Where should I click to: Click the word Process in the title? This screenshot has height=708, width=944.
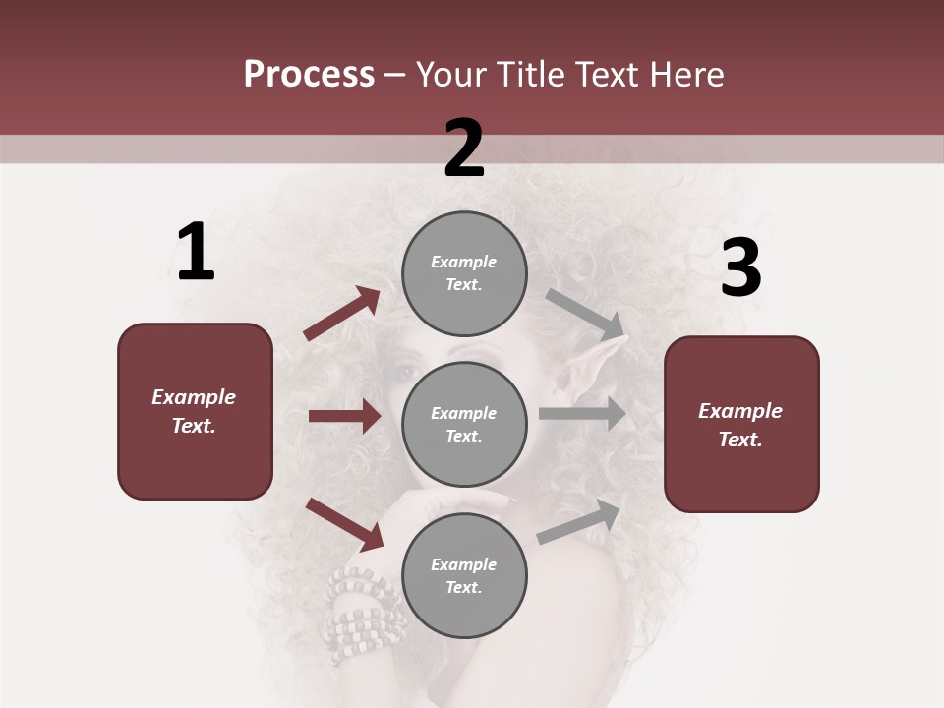tap(309, 75)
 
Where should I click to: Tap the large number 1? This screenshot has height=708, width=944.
tap(196, 253)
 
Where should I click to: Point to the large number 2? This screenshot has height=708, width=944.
tap(464, 148)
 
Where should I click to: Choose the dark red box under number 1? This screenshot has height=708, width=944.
tap(195, 411)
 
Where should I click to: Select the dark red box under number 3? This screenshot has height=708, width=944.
tap(741, 424)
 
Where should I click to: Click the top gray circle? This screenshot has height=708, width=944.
tap(464, 273)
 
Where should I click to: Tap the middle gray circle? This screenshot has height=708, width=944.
tap(464, 424)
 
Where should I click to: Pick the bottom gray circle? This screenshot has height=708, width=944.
tap(464, 575)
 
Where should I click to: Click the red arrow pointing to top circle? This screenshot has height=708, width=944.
tap(342, 314)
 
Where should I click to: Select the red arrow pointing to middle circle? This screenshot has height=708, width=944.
tap(344, 416)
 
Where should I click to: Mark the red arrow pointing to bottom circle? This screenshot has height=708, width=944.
tap(345, 524)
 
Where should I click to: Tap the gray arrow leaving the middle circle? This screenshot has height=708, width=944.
tap(582, 414)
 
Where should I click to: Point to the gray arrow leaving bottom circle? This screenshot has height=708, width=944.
tap(580, 521)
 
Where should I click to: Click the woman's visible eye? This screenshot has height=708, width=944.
tap(405, 373)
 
